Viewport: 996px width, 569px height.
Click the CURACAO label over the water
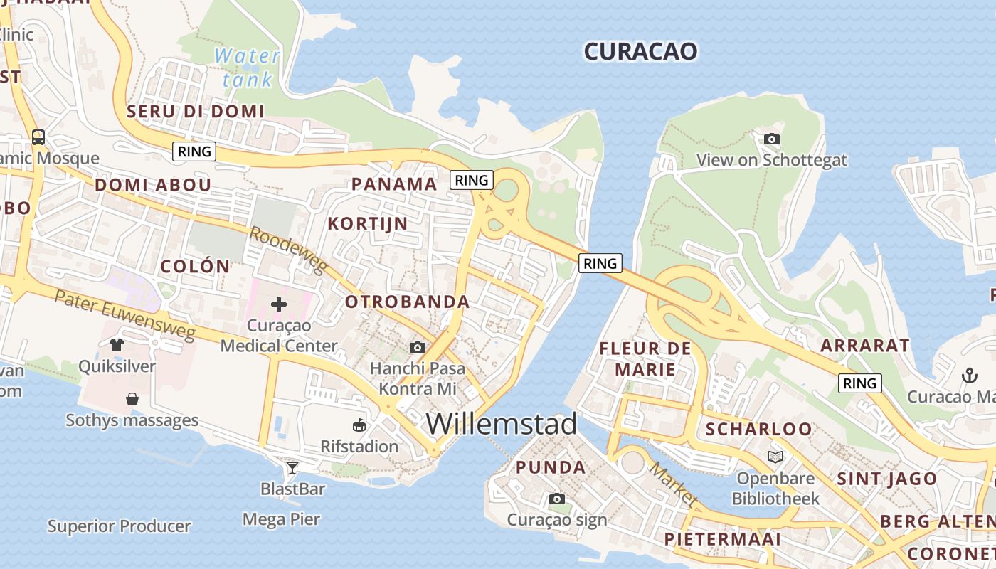tap(640, 51)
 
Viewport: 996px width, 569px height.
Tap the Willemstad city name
tap(502, 424)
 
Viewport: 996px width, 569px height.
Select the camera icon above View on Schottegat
tap(771, 139)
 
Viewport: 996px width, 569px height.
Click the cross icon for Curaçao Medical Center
tap(279, 305)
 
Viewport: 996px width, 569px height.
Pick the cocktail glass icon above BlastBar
tap(292, 467)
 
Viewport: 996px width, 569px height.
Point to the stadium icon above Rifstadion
tap(359, 425)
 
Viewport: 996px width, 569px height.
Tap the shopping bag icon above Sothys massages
tap(132, 399)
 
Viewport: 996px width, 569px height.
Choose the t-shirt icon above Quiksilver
tap(117, 345)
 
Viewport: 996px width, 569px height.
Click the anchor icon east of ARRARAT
tap(969, 375)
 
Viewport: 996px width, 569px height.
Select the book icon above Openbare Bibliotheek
tap(775, 456)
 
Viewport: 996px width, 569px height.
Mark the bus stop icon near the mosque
tap(38, 137)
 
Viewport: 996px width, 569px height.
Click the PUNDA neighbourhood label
tap(551, 467)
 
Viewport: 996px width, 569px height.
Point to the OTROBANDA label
tap(407, 302)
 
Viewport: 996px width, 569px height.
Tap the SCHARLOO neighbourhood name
tap(758, 429)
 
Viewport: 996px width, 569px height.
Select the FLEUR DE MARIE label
tap(645, 358)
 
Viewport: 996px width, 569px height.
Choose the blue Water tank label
tap(247, 67)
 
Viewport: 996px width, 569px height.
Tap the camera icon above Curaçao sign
tap(557, 499)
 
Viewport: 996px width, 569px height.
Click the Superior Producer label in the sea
tap(119, 526)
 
